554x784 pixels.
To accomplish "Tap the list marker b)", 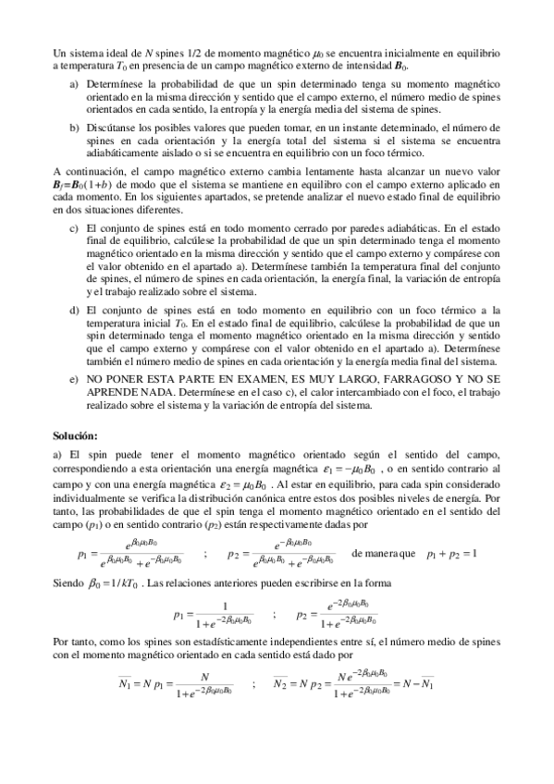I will (75, 124).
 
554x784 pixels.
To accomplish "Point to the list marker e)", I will (75, 380).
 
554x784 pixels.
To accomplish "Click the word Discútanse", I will (115, 124).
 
